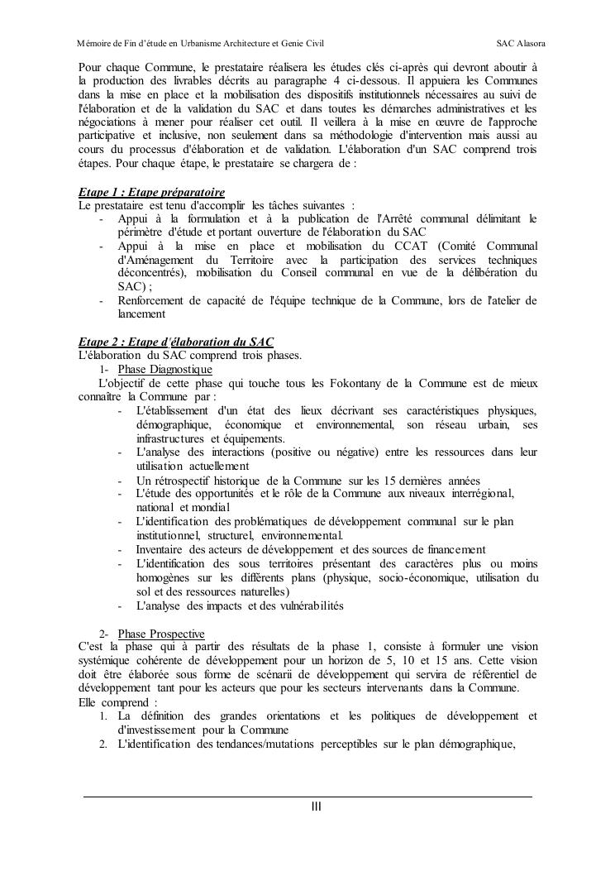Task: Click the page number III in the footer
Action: (x=316, y=806)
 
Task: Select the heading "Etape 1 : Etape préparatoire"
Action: (x=151, y=192)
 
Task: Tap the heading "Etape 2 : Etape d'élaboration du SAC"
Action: (x=176, y=342)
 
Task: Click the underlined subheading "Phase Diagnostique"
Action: (x=164, y=369)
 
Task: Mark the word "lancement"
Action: (x=142, y=314)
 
